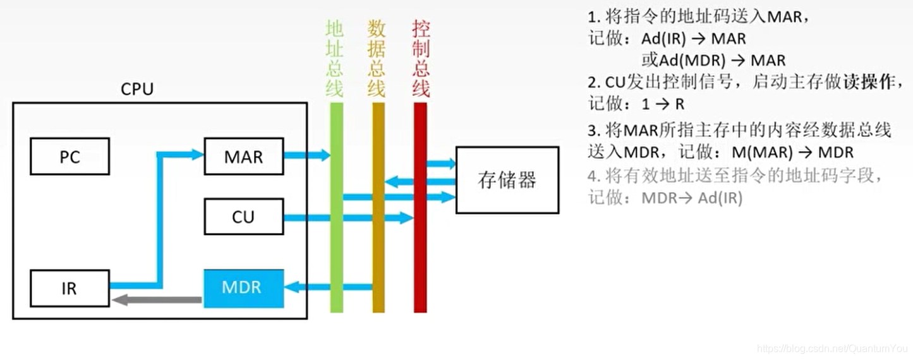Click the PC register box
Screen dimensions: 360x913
(70, 157)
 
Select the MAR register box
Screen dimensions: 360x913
(243, 157)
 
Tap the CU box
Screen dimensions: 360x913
(243, 217)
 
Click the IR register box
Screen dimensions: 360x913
(70, 289)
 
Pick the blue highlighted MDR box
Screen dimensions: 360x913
(243, 288)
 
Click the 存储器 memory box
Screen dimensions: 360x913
(507, 180)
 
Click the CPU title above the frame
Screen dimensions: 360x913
(137, 89)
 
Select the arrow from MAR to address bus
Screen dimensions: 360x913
(306, 155)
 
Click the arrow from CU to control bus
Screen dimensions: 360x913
(348, 218)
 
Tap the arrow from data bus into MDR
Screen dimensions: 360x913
(328, 287)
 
